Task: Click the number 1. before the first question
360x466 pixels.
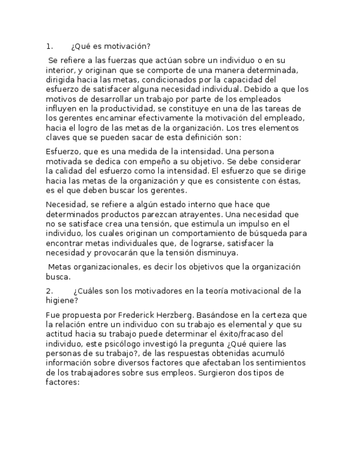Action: [x=49, y=47]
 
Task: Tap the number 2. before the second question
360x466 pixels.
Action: [x=49, y=291]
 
